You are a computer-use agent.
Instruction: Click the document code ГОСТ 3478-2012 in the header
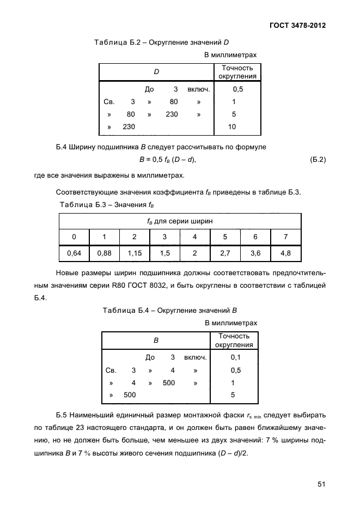(x=301, y=26)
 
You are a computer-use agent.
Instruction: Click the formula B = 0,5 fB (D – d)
(x=167, y=160)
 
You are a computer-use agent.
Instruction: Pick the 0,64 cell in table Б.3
(x=74, y=253)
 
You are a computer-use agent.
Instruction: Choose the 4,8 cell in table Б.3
(x=285, y=253)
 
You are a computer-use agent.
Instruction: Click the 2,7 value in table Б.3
(x=225, y=253)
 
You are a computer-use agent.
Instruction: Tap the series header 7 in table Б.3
(x=285, y=236)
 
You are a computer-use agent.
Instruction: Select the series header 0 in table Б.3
(x=74, y=236)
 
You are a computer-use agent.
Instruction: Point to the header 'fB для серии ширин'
(x=180, y=221)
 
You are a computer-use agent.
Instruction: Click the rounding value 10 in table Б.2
(x=233, y=127)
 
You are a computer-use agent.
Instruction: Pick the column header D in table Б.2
(x=156, y=72)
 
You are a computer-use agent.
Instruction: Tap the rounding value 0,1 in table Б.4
(x=235, y=357)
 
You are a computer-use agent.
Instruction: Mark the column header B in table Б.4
(x=156, y=341)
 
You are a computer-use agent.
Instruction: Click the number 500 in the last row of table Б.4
(x=130, y=395)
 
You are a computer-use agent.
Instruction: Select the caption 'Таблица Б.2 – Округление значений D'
(x=161, y=42)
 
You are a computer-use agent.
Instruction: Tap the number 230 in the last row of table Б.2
(x=129, y=127)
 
